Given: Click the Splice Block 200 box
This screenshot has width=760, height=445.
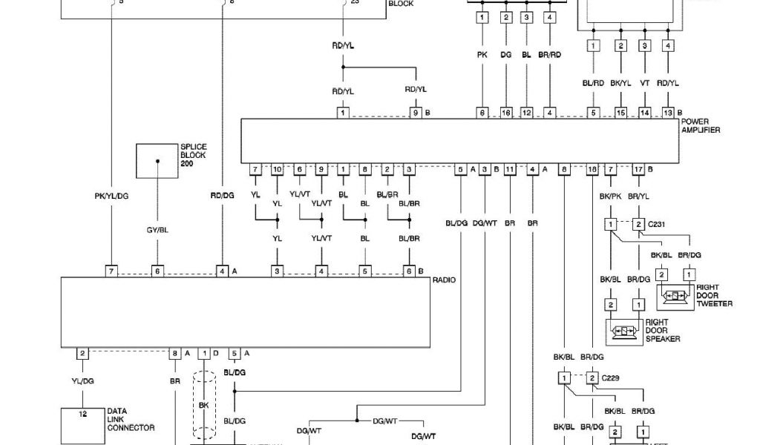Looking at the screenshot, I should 157,162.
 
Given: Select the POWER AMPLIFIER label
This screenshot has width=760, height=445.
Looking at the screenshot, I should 700,125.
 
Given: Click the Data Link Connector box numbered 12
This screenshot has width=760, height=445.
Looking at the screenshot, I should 82,425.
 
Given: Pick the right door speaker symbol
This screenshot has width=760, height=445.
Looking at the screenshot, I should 624,330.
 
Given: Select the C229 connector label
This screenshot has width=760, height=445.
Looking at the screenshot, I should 611,378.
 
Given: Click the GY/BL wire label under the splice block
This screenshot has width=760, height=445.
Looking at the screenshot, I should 157,231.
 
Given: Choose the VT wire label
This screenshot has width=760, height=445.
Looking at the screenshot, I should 645,84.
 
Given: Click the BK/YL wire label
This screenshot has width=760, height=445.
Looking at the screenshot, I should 621,84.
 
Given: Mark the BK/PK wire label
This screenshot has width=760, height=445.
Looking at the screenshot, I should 610,197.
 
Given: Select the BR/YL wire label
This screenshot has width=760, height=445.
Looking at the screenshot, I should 638,197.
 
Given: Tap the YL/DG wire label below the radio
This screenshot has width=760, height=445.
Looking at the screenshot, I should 82,381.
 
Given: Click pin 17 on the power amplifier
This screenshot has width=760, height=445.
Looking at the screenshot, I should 638,170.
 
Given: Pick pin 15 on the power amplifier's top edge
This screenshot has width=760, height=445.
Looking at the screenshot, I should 621,113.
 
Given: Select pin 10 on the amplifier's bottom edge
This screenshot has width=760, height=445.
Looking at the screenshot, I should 277,170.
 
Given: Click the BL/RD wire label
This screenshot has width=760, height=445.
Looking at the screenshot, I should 593,84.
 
